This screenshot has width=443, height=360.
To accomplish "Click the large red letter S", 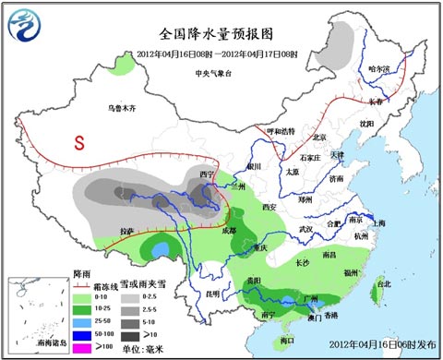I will pyautogui.click(x=80, y=143).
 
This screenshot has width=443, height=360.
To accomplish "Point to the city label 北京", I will pyautogui.click(x=319, y=138).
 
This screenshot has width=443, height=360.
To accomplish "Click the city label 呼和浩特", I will pyautogui.click(x=278, y=131).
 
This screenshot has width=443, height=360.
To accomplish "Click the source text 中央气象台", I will pyautogui.click(x=211, y=71).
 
